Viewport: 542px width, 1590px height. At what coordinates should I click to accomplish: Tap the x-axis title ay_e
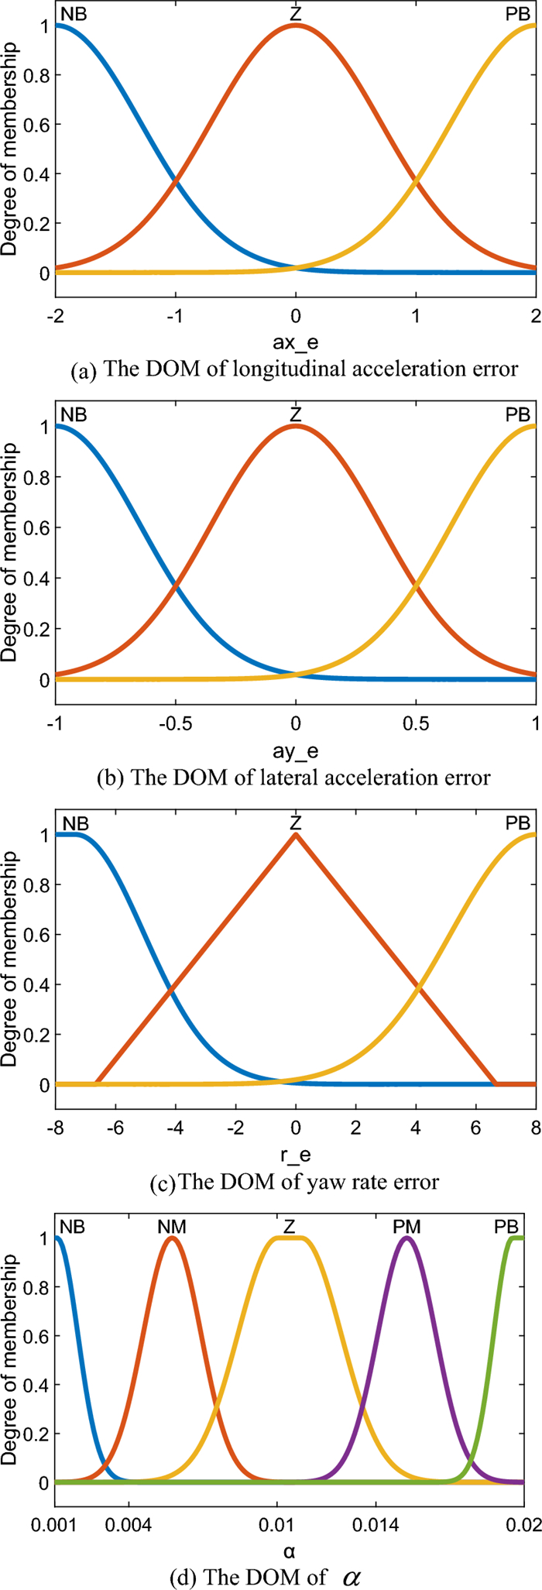[x=295, y=750]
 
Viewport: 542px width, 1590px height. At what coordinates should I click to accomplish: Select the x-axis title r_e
[x=295, y=1155]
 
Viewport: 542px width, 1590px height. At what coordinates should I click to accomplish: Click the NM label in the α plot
[x=171, y=1227]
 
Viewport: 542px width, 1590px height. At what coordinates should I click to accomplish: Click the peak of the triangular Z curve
[x=295, y=834]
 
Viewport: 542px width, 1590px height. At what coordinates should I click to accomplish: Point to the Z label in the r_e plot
[x=295, y=822]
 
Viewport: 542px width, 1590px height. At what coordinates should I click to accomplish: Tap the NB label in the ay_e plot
[x=74, y=415]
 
